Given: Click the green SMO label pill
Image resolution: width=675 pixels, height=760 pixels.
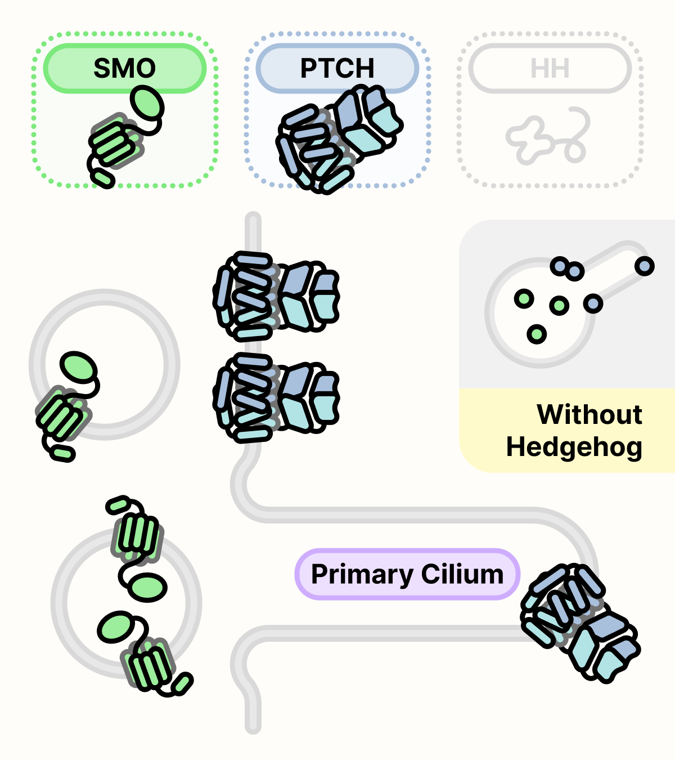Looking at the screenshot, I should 124,68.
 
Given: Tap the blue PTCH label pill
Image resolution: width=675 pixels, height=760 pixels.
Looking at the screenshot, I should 337,68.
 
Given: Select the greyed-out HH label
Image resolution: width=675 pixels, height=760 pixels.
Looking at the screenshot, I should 550,68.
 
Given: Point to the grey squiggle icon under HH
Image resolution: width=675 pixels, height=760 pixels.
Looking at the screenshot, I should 548,137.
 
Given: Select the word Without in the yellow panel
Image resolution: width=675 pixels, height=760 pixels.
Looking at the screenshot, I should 589,415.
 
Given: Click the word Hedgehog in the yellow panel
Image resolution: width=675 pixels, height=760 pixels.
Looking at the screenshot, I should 574,447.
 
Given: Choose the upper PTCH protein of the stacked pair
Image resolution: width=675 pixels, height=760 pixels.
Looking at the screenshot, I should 276,296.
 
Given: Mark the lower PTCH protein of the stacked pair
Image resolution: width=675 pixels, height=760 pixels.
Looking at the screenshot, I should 276,397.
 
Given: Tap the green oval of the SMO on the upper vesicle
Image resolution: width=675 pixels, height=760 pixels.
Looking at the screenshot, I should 78,366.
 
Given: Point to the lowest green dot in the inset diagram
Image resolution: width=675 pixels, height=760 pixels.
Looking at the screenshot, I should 537,334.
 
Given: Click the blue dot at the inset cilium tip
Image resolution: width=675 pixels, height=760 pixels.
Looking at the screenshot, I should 645,266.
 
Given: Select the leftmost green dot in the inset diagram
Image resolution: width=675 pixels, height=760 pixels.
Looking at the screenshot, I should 524,298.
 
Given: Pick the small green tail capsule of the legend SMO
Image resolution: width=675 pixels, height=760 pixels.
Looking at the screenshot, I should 103,178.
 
